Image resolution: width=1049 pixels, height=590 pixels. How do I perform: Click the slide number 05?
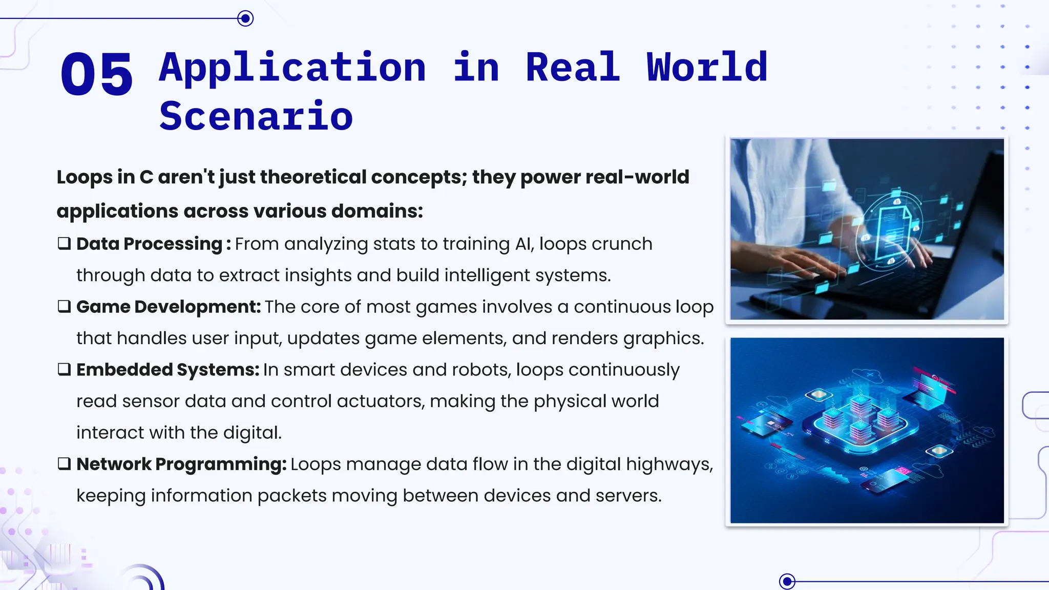point(96,74)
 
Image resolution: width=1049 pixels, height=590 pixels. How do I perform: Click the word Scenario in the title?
point(256,116)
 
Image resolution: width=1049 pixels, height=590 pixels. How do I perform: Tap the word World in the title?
point(707,68)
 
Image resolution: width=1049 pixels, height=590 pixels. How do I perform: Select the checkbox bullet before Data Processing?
point(64,243)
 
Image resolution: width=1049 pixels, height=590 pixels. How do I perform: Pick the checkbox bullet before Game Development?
point(64,306)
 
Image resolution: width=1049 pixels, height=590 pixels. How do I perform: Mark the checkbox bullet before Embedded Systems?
point(64,369)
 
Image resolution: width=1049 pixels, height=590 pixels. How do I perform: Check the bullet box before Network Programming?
point(64,463)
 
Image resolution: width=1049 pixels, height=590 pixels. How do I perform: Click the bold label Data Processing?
point(149,244)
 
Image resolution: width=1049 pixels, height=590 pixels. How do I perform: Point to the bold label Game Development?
point(169,307)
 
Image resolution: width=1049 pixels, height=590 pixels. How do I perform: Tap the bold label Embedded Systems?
point(167,370)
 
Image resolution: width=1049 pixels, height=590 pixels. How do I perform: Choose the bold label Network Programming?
point(181,464)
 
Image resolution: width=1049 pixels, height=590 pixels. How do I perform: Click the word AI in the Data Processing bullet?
point(524,244)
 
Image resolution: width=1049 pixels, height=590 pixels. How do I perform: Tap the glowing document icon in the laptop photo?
point(892,231)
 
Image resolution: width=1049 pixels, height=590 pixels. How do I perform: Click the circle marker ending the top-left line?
point(246,19)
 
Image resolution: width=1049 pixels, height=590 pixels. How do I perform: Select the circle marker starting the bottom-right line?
point(787,581)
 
